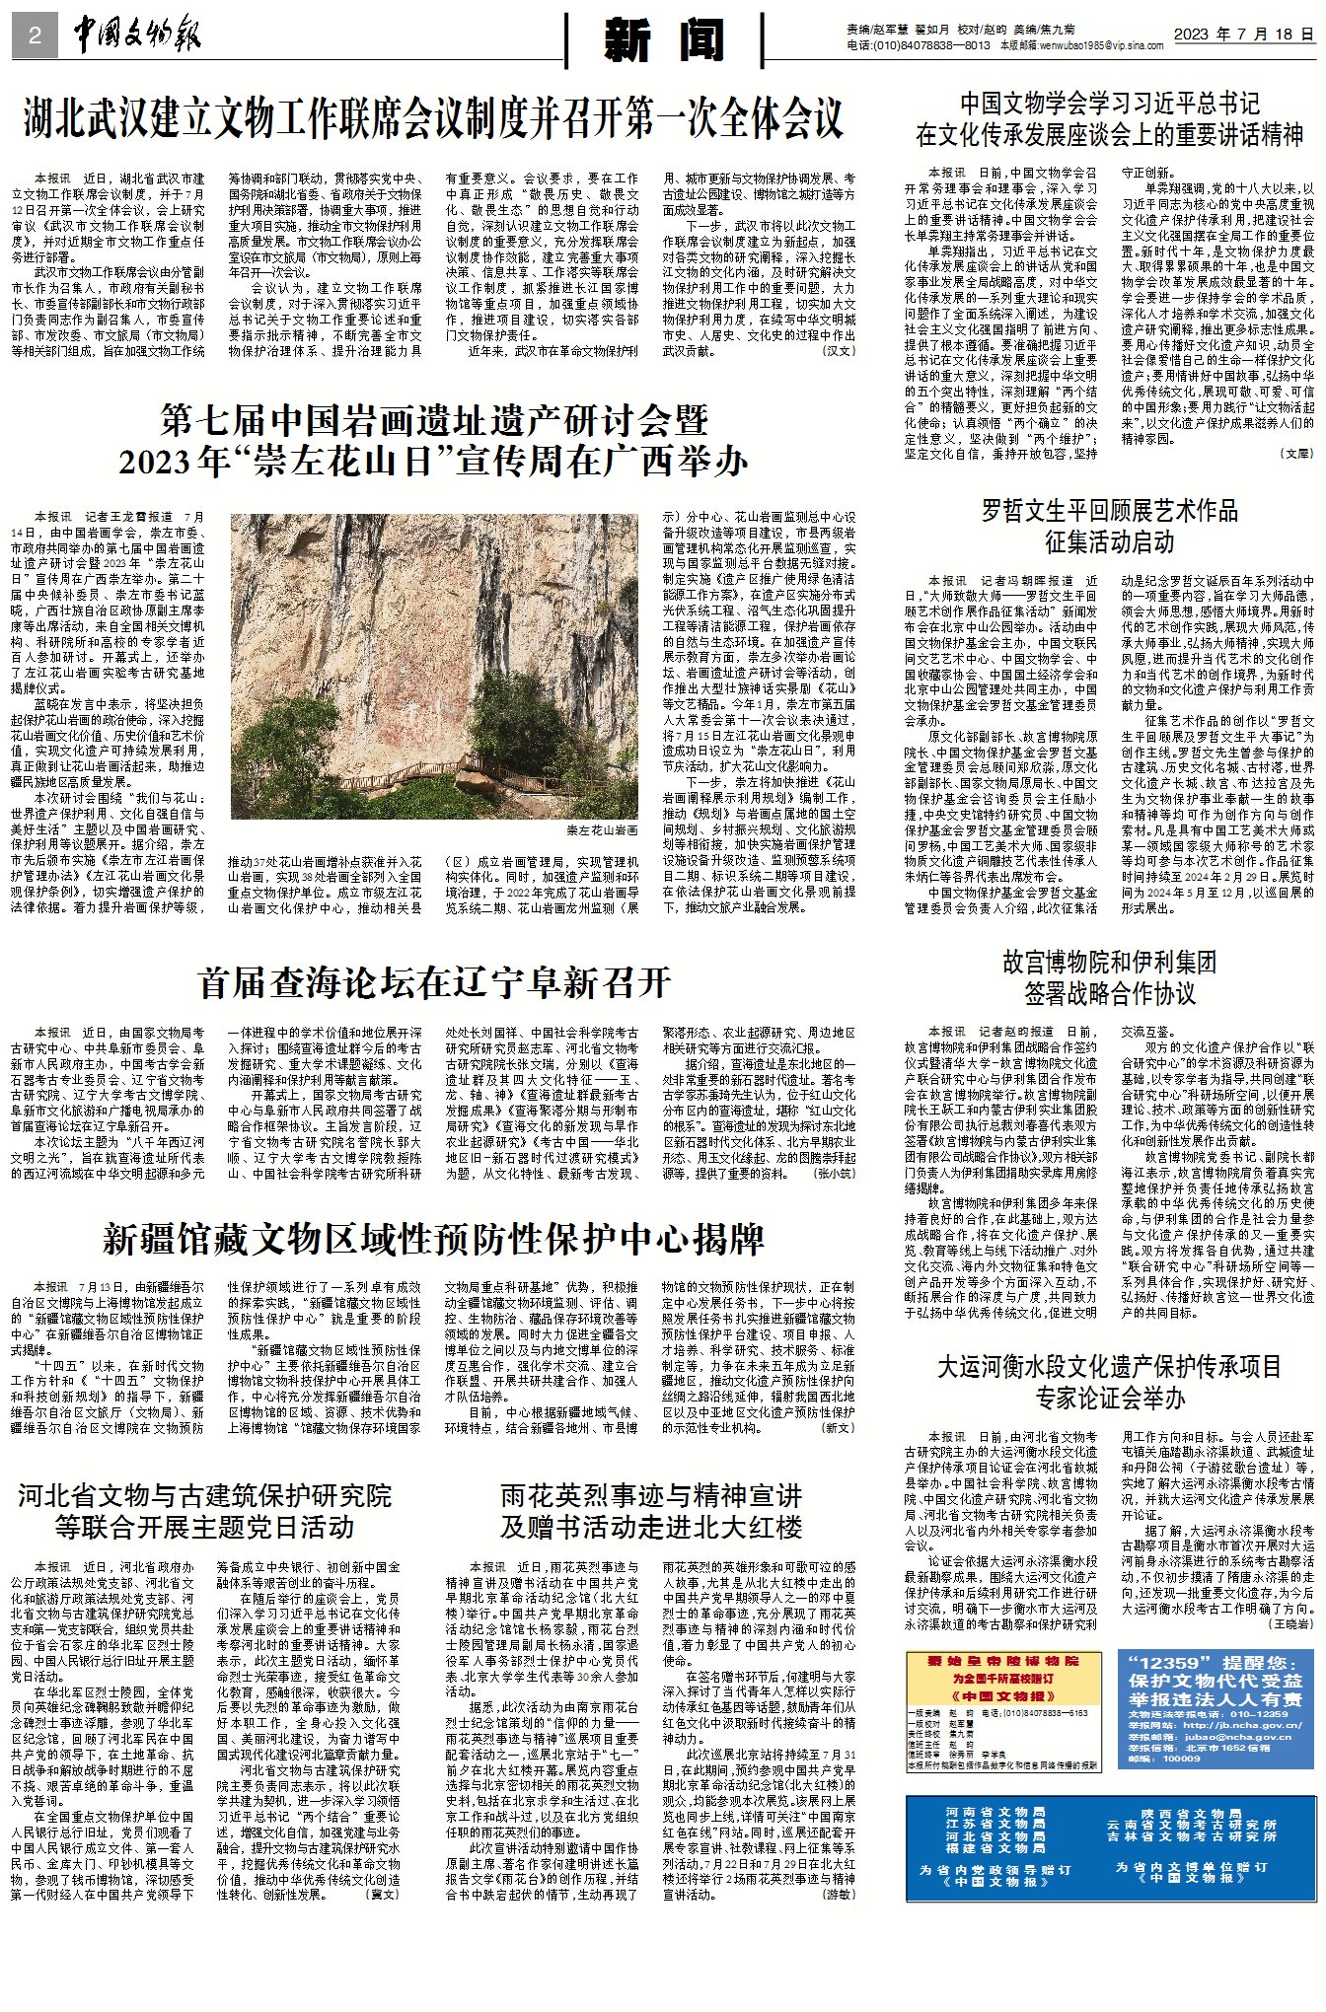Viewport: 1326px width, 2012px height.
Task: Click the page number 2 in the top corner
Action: (x=36, y=36)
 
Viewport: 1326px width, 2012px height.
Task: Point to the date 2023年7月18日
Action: (x=1244, y=34)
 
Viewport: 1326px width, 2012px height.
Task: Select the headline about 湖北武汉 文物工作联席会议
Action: (x=433, y=120)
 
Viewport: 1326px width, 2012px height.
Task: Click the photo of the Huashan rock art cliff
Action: (x=435, y=666)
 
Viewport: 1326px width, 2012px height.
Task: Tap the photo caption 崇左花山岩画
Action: (x=602, y=830)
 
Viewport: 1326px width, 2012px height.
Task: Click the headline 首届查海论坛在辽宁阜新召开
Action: (x=433, y=982)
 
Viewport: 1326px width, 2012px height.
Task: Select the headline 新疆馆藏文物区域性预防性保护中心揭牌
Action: (x=433, y=1239)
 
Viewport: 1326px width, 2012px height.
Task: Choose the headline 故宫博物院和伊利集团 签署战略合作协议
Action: (x=1109, y=976)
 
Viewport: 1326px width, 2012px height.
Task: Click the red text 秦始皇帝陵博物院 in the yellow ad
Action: (x=1002, y=1661)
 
